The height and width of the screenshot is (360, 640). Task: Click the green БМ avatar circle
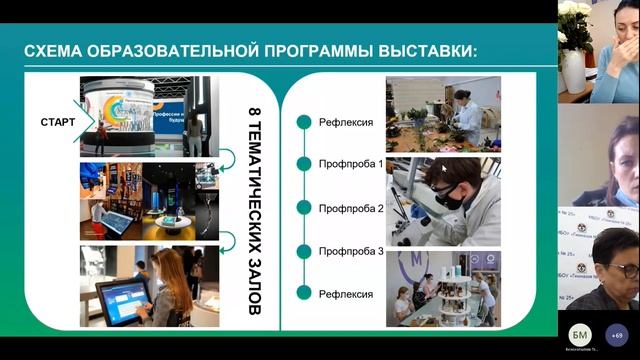click(x=579, y=333)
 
